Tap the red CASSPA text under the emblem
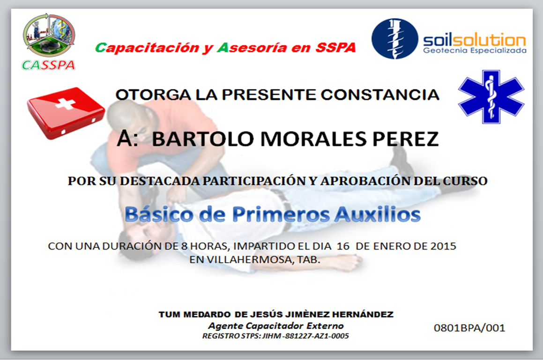click(49, 65)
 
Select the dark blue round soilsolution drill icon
click(394, 39)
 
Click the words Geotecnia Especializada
click(474, 51)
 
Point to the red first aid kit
click(66, 112)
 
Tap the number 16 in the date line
click(343, 246)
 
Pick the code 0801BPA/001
click(469, 328)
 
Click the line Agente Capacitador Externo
click(275, 326)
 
